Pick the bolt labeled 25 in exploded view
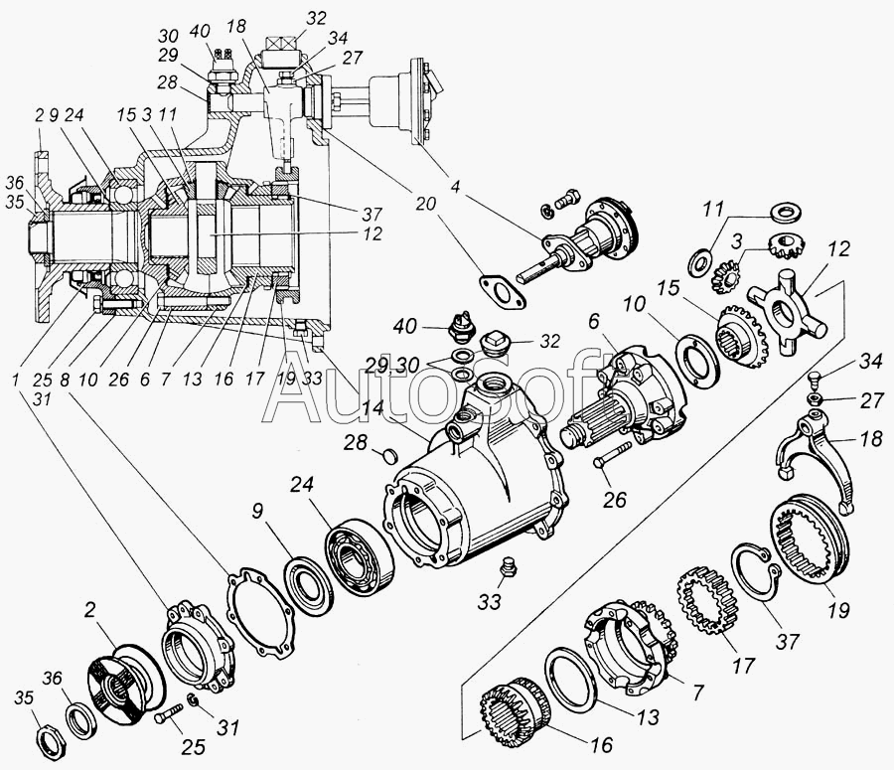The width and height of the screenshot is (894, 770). click(168, 712)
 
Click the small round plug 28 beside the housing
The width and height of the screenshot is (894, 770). click(388, 455)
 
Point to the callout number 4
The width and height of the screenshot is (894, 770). click(454, 187)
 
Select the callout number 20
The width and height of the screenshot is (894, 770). click(425, 204)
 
